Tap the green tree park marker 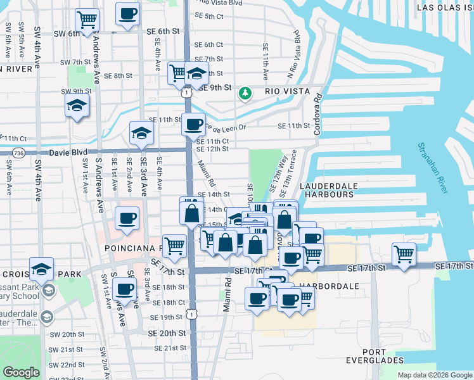click(x=245, y=94)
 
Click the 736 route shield click(x=18, y=153)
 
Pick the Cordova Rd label click(x=317, y=115)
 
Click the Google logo click(x=20, y=372)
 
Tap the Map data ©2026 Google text click(x=434, y=375)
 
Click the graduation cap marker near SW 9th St click(x=77, y=105)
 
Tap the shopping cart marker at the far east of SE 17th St click(x=404, y=254)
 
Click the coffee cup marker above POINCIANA click(x=127, y=218)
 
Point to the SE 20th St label click(x=167, y=332)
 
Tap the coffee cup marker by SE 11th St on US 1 click(x=193, y=123)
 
